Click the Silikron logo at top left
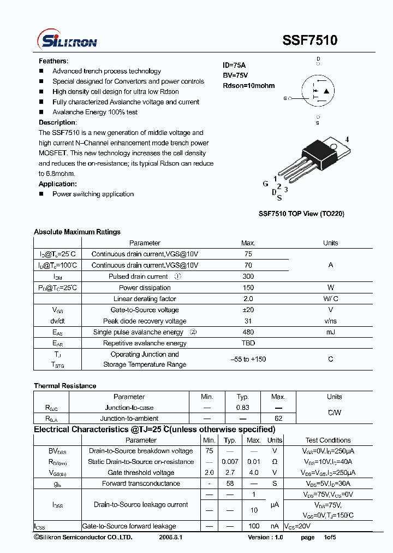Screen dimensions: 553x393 [67, 40]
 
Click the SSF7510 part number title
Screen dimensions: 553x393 [309, 40]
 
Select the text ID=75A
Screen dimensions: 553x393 [234, 65]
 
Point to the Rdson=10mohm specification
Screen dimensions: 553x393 [248, 86]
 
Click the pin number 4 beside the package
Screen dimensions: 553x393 [347, 140]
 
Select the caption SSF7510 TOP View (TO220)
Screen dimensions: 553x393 [301, 214]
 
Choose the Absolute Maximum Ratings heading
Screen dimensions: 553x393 [77, 232]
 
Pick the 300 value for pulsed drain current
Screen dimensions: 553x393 [248, 276]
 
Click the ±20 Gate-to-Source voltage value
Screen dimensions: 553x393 [248, 310]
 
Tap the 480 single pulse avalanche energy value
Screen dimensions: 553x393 [248, 332]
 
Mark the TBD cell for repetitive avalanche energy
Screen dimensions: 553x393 [248, 343]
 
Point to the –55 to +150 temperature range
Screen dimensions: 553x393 [248, 359]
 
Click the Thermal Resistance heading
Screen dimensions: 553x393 [65, 386]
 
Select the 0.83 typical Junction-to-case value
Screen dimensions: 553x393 [242, 408]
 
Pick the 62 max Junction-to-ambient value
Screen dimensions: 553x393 [278, 419]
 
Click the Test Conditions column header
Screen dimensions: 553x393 [328, 440]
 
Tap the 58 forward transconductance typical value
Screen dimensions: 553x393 [230, 484]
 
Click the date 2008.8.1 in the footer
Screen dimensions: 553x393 [171, 537]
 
